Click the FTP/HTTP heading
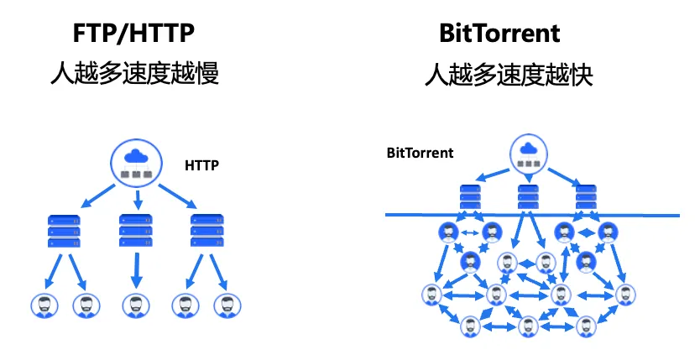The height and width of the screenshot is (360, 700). point(134,34)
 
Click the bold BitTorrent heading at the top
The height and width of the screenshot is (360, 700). point(499,34)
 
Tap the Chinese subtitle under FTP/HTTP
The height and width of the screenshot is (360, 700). point(134,75)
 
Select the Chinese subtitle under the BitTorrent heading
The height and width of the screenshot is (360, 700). point(499,75)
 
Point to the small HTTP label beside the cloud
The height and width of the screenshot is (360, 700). point(201,165)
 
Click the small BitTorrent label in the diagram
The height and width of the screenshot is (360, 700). point(420,154)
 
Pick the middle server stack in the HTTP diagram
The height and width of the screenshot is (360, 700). point(135,230)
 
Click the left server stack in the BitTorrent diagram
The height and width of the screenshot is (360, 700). point(469,198)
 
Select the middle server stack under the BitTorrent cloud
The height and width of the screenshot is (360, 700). point(527,198)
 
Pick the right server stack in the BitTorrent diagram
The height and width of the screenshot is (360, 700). point(585,198)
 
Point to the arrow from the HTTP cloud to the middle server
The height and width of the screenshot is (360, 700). point(137,200)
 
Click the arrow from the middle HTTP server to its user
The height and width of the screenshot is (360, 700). point(134,269)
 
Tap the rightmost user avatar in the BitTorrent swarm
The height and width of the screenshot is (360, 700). point(623,295)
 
